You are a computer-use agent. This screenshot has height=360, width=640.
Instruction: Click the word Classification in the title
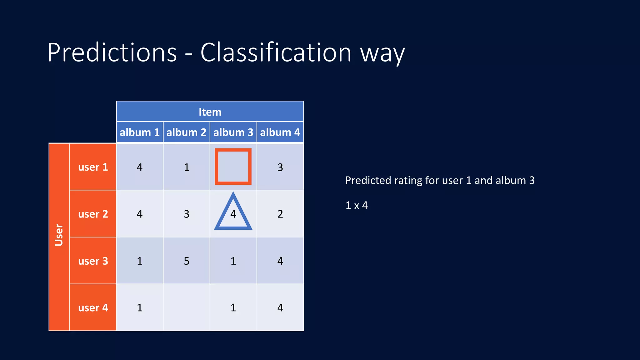276,52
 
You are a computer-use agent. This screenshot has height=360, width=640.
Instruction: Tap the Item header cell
210,112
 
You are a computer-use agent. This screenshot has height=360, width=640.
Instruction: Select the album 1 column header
139,132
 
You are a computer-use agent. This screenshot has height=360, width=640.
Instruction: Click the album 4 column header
280,132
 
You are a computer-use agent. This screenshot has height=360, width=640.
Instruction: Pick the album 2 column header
186,132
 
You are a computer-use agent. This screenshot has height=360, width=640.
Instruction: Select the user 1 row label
93,167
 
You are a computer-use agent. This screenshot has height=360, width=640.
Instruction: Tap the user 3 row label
93,261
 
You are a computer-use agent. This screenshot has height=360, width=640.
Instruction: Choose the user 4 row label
93,307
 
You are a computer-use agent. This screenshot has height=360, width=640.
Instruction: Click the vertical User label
59,235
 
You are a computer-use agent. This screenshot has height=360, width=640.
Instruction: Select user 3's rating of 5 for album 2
186,261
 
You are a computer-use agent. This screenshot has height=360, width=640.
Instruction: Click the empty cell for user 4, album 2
186,307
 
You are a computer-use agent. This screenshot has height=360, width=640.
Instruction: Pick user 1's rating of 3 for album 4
280,167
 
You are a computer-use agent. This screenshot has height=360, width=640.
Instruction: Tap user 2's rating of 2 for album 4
280,214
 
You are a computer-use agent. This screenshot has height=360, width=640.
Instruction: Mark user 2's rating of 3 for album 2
186,214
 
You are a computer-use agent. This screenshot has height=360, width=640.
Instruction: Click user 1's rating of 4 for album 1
139,167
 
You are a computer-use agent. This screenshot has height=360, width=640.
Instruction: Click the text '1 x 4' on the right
356,205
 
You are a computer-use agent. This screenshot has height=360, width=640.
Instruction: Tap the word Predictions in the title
112,52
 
